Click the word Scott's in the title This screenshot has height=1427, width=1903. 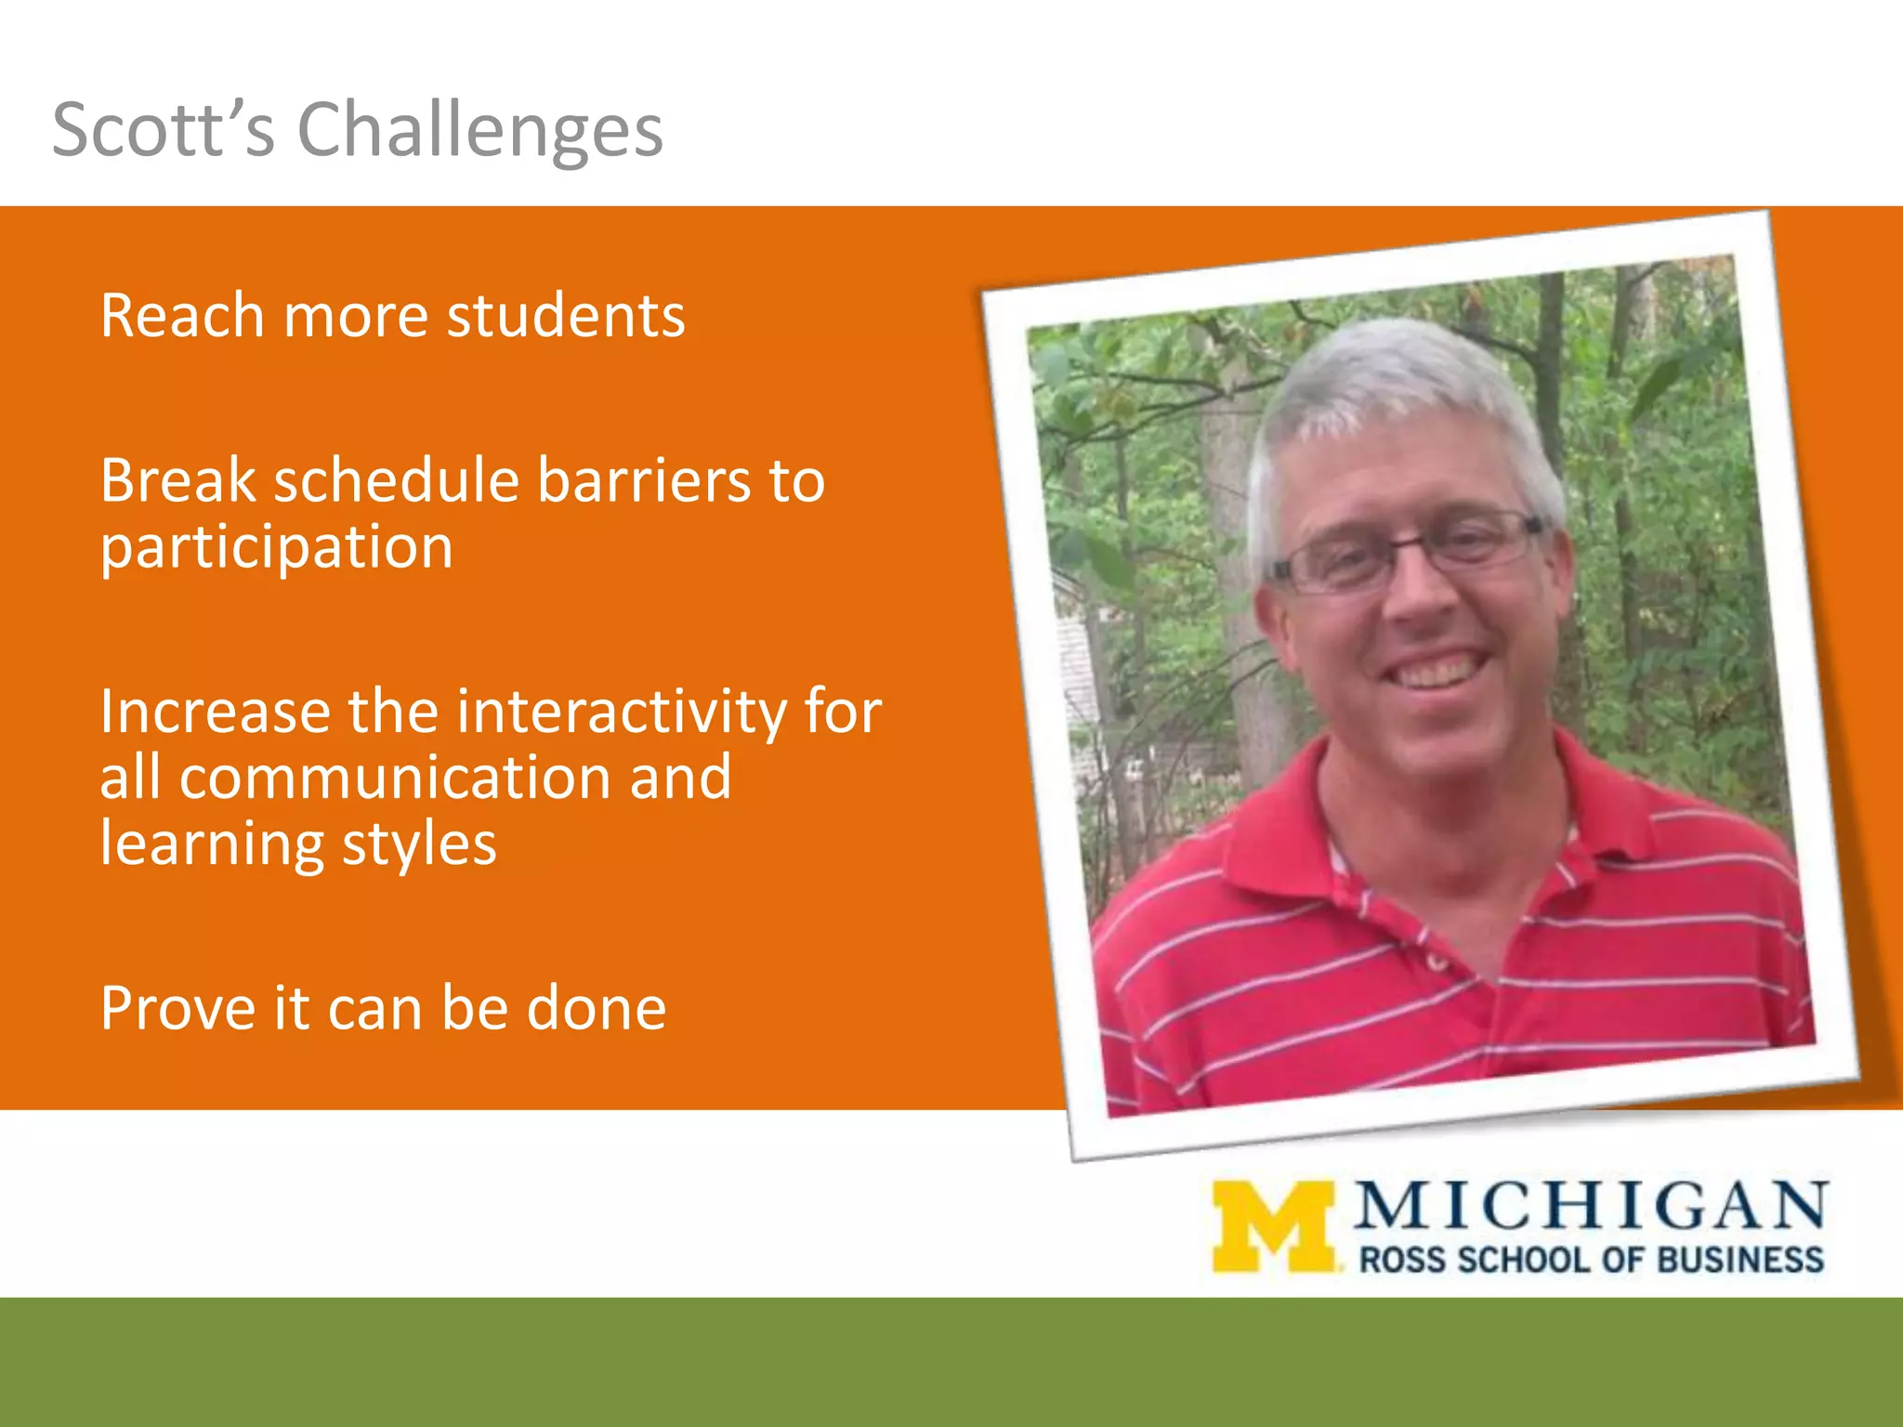tap(164, 130)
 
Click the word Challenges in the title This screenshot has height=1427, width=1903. tap(479, 130)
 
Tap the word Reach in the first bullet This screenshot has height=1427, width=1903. tap(182, 316)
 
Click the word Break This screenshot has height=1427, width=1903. tap(177, 481)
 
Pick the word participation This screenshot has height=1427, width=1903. tap(276, 548)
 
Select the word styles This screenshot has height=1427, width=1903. tap(419, 844)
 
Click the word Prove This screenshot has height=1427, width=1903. tap(177, 1009)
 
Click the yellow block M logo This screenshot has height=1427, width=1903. tap(1274, 1226)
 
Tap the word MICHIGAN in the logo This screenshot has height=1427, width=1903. tap(1591, 1206)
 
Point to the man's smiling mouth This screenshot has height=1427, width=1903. tap(1440, 669)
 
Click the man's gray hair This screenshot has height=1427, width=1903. tap(1394, 381)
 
